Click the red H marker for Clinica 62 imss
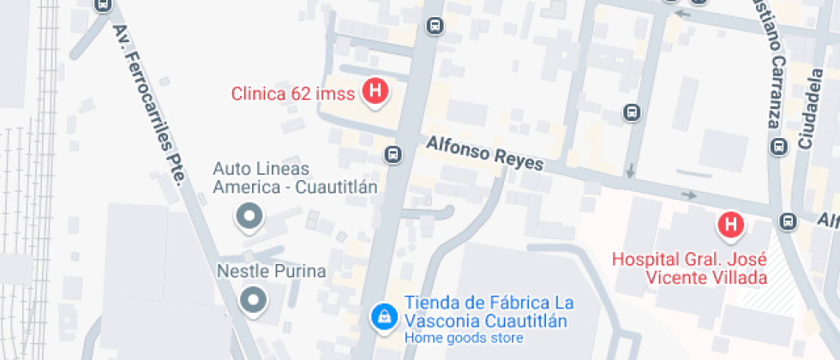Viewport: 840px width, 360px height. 375,90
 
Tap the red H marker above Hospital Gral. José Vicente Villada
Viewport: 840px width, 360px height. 730,225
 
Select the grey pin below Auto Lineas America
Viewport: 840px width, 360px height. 249,218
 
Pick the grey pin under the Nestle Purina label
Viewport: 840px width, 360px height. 253,300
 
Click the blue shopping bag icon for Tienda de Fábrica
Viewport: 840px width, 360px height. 383,316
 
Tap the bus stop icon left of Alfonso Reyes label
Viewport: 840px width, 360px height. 393,155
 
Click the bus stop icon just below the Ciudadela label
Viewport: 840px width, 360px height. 778,147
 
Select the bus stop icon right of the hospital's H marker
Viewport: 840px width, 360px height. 788,222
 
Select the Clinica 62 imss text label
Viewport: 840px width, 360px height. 292,93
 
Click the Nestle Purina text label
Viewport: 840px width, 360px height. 270,272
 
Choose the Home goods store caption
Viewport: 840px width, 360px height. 463,338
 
